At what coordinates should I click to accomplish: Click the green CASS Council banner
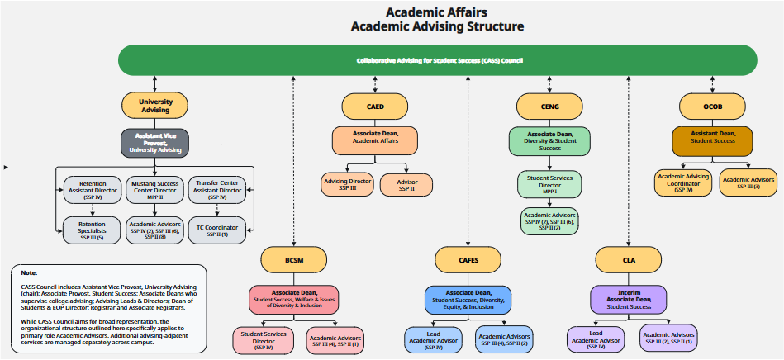click(x=439, y=60)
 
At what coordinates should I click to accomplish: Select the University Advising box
click(x=155, y=106)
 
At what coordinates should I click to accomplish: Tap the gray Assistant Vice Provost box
click(x=155, y=143)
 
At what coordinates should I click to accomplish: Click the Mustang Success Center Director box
click(x=155, y=190)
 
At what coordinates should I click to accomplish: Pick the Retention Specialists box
click(x=93, y=230)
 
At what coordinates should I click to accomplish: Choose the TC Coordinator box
click(x=217, y=230)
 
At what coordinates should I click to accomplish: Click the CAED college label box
click(x=375, y=106)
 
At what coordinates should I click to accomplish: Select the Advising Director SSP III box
click(x=347, y=184)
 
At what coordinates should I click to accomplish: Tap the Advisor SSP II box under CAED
click(x=406, y=184)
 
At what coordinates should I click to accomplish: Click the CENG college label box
click(x=549, y=106)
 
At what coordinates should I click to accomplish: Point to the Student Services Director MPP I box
click(x=549, y=183)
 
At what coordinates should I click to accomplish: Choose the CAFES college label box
click(x=468, y=260)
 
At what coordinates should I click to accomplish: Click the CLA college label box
click(x=629, y=260)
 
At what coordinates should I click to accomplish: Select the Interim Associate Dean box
click(x=629, y=299)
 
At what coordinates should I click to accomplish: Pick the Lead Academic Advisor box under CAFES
click(x=433, y=339)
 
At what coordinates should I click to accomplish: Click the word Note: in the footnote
click(x=29, y=272)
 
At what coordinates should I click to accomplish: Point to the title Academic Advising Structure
click(x=437, y=26)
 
